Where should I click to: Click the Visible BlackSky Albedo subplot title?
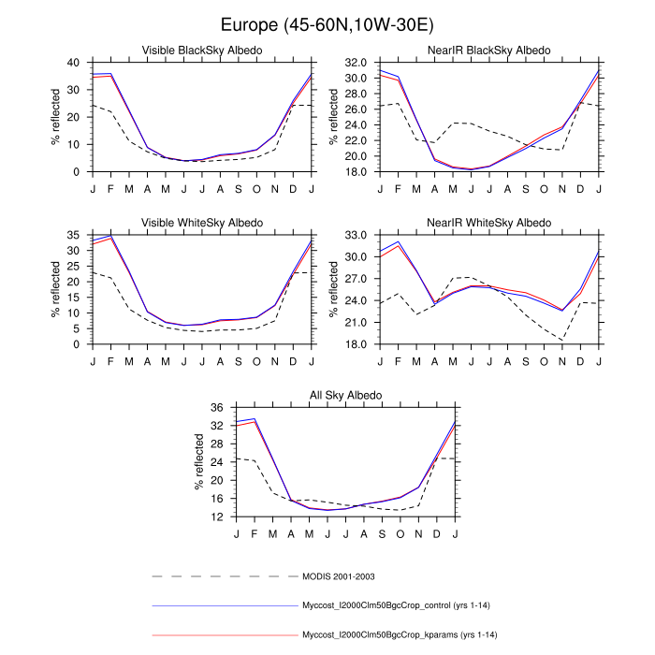click(201, 50)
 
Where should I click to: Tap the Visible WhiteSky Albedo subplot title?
click(201, 223)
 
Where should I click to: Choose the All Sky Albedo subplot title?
click(345, 396)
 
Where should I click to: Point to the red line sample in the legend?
click(225, 636)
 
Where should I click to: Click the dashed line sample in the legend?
click(225, 576)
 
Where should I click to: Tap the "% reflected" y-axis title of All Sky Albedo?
click(199, 462)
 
